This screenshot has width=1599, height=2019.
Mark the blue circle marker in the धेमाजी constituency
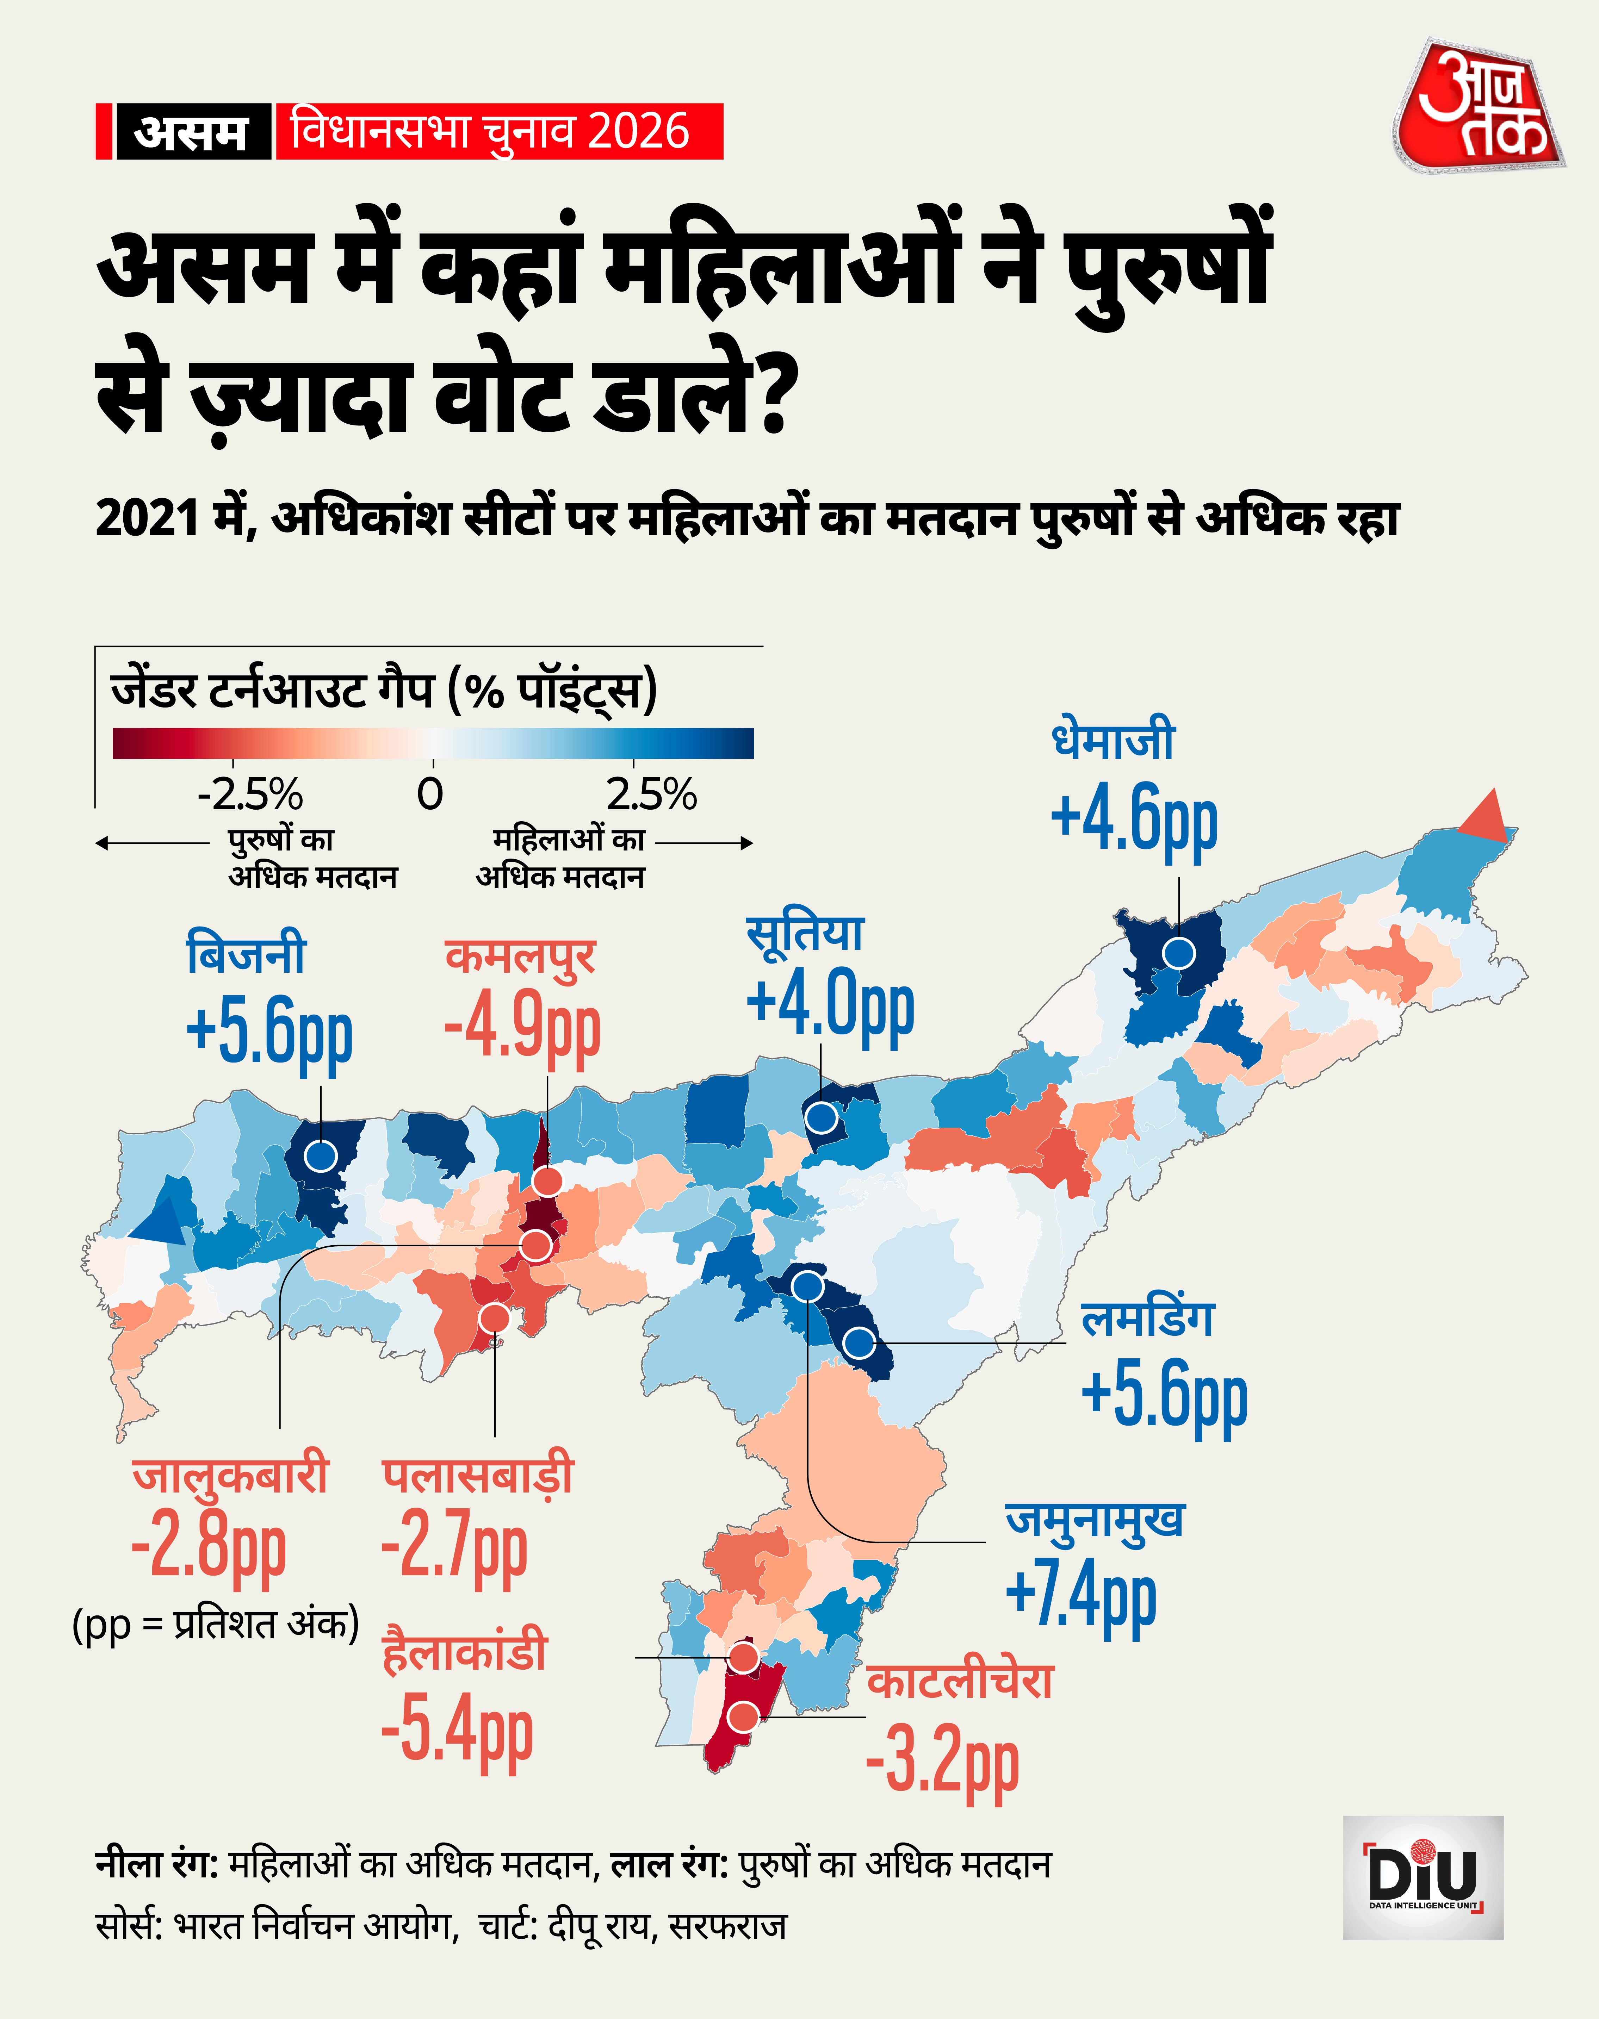click(x=1179, y=954)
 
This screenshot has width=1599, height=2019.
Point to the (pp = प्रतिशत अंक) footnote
click(x=215, y=1624)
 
